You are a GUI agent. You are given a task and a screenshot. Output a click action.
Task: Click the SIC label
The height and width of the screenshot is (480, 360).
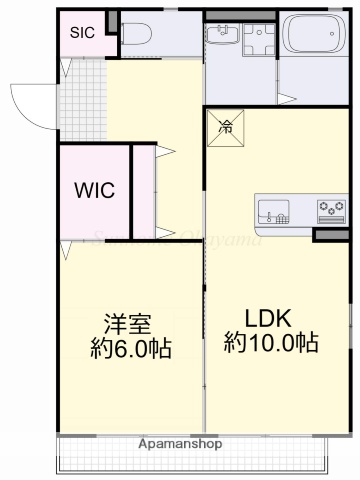82,32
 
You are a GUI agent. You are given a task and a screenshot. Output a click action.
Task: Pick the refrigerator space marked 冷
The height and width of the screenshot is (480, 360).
226,129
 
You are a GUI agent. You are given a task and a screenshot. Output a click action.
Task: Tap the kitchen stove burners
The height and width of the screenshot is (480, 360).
331,211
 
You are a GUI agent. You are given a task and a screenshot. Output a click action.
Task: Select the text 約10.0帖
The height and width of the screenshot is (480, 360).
270,343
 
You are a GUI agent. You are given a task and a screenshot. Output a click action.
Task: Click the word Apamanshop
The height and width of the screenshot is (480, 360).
180,443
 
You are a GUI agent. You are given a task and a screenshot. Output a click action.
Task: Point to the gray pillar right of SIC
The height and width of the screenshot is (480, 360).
111,20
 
